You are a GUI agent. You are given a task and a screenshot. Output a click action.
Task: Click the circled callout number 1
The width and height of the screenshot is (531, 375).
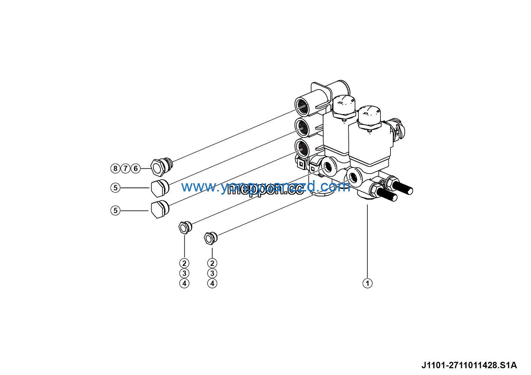click(367, 283)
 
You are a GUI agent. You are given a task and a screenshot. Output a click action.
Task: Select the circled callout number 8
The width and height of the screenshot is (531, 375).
click(115, 168)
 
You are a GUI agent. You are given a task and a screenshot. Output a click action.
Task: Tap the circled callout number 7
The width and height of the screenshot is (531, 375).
click(125, 168)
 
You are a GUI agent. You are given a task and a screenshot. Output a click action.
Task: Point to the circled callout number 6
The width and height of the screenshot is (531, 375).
click(136, 168)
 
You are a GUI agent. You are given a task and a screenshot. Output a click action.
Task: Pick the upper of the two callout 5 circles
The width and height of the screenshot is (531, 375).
click(115, 188)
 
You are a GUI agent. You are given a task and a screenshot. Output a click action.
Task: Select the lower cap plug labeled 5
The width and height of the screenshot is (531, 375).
click(159, 210)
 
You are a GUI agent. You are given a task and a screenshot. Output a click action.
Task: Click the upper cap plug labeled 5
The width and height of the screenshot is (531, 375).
click(159, 188)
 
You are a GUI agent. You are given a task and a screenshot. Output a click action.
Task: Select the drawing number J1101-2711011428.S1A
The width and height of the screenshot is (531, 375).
click(469, 365)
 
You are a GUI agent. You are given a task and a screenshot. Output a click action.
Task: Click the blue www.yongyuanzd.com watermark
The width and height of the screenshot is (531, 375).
click(266, 186)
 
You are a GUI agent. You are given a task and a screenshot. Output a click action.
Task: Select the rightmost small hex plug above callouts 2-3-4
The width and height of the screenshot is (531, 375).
click(210, 238)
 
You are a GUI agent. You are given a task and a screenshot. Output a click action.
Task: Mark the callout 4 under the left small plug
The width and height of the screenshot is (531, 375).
click(184, 284)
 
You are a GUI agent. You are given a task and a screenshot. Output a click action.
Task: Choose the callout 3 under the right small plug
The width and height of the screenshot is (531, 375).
click(212, 273)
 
